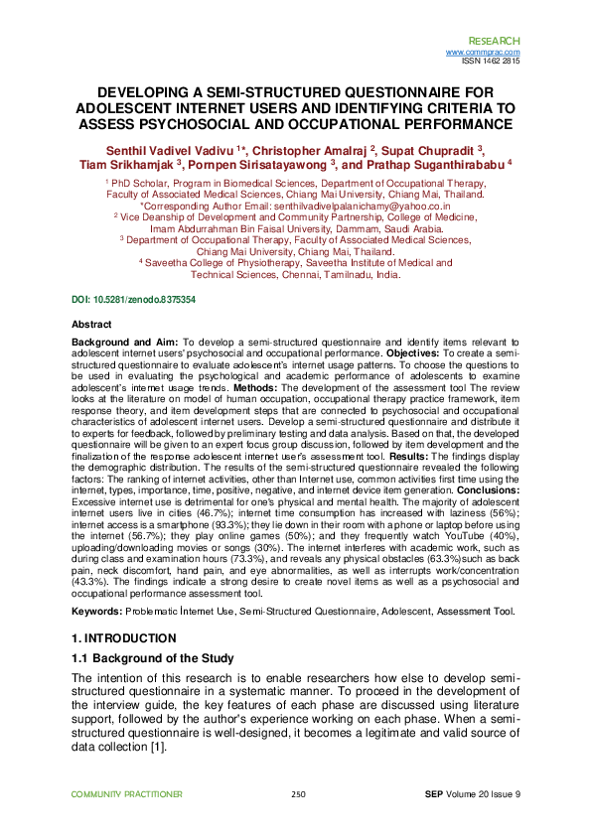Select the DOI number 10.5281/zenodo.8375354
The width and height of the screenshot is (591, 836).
pos(146,299)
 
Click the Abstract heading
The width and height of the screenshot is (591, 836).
pos(92,325)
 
